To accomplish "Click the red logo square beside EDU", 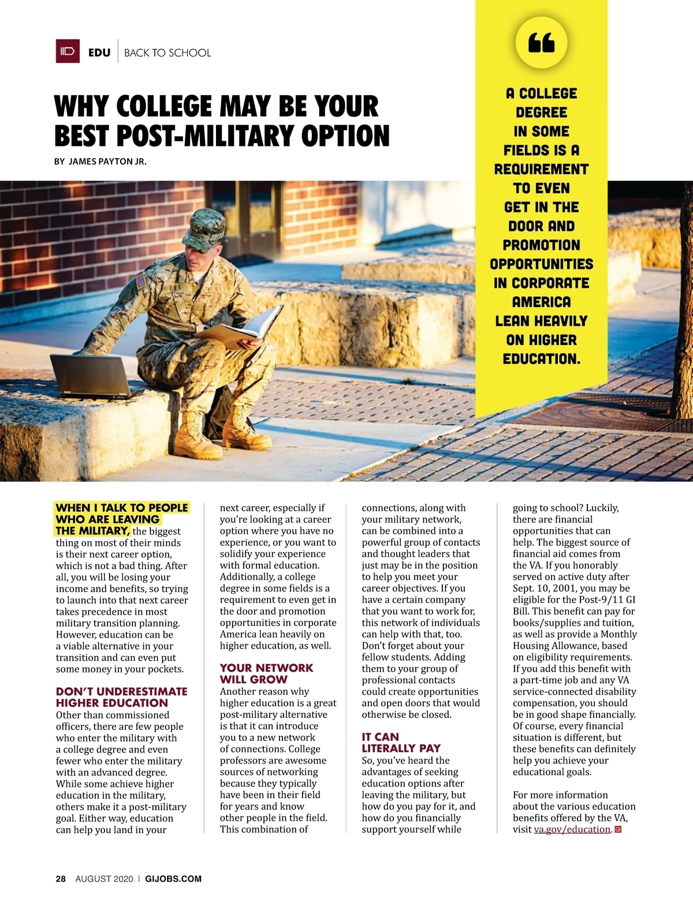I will click(x=68, y=51).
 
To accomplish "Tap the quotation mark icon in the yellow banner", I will click(x=541, y=42).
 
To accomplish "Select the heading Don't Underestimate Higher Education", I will click(x=121, y=697).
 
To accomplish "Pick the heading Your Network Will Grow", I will click(x=266, y=673).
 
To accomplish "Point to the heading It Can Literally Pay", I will click(x=401, y=743).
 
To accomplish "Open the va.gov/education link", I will click(x=572, y=829).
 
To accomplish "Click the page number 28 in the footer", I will click(x=61, y=879).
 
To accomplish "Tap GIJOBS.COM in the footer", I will click(x=173, y=879).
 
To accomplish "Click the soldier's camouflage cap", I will click(x=203, y=229).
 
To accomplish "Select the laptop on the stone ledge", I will click(x=92, y=375).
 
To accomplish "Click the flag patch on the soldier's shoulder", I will click(x=141, y=282).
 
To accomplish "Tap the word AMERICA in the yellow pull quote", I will click(x=541, y=302).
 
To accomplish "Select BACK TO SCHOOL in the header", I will click(x=167, y=53).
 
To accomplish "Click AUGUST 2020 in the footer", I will click(x=104, y=879).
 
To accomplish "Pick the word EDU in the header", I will click(x=99, y=53).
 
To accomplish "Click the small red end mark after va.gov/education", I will click(x=618, y=829).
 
